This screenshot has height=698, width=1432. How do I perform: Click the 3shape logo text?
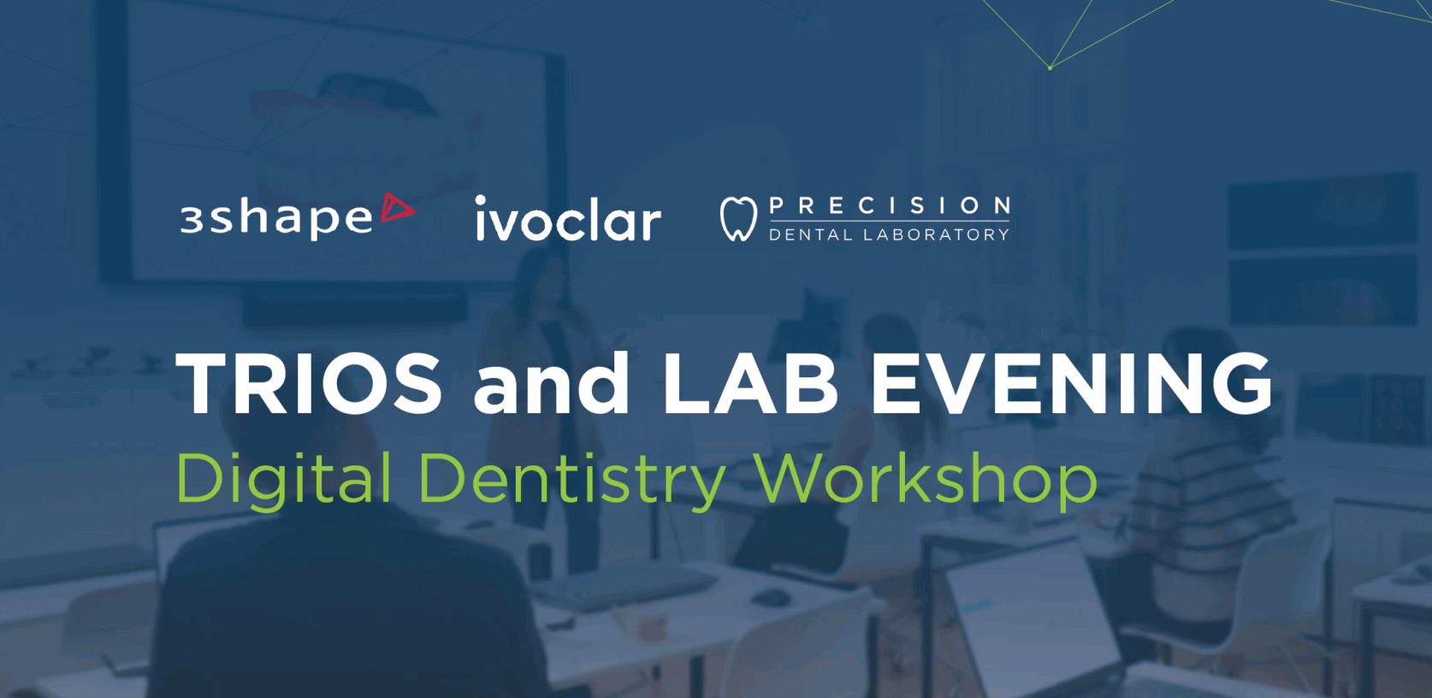(x=276, y=219)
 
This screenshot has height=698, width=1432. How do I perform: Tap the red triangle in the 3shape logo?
(x=397, y=208)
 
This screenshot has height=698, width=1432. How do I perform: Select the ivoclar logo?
(x=568, y=219)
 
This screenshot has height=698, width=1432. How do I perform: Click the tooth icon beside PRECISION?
(x=738, y=219)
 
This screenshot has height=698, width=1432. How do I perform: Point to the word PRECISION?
(x=890, y=206)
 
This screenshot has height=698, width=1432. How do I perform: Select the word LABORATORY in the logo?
(x=936, y=234)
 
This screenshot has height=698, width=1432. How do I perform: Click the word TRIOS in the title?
(x=309, y=383)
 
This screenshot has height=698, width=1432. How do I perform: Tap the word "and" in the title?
(x=551, y=383)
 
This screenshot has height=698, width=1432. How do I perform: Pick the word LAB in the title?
(x=750, y=383)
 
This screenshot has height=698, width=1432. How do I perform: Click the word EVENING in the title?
(x=1072, y=383)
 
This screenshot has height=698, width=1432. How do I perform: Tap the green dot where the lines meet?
(x=1050, y=68)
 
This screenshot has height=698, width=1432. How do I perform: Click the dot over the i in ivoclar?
(x=482, y=201)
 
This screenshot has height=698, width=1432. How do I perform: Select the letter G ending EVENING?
(x=1241, y=383)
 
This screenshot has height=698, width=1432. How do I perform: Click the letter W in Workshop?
(x=794, y=478)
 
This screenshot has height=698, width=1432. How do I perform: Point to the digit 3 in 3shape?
(x=191, y=221)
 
